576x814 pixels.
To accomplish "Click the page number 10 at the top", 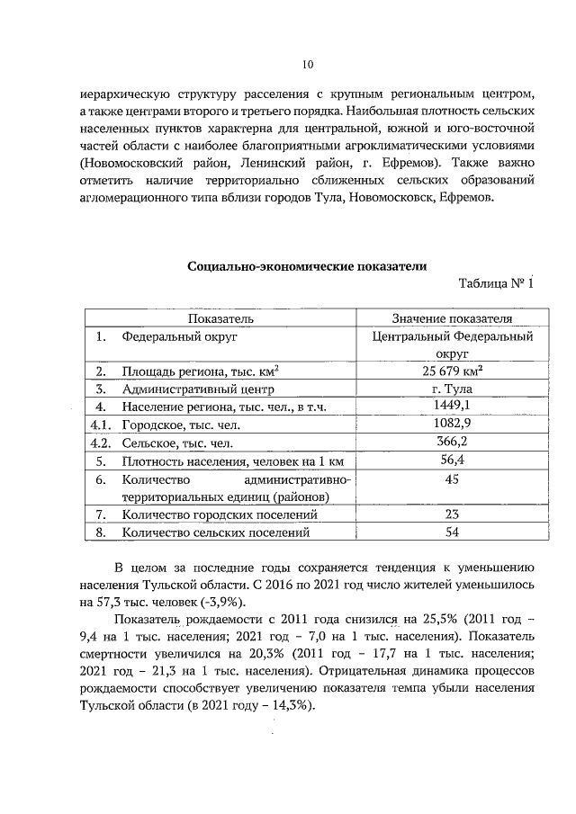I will pyautogui.click(x=307, y=64).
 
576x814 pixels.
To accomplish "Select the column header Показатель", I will pyautogui.click(x=220, y=318).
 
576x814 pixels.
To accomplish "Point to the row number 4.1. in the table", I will pyautogui.click(x=100, y=425).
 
